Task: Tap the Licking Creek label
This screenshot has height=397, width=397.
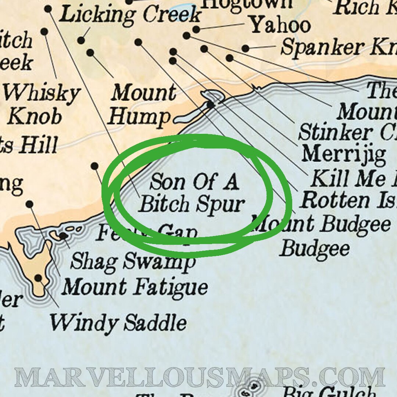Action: point(130,15)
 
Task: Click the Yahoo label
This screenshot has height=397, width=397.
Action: point(280,25)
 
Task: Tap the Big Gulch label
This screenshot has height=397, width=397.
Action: point(329,390)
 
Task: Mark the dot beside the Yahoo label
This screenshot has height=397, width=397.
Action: point(196,29)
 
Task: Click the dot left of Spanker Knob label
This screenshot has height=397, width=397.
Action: point(246,48)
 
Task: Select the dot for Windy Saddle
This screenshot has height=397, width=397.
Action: point(38,278)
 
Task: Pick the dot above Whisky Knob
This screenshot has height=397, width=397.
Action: point(44,32)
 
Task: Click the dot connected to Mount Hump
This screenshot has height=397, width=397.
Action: point(90,53)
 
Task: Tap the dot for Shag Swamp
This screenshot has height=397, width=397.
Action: point(63,235)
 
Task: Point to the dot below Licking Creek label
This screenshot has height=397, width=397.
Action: point(81,40)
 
